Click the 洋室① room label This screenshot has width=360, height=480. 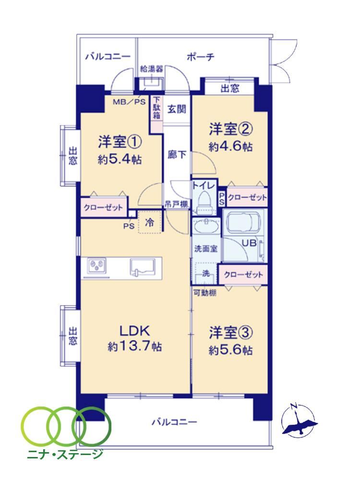tap(120, 143)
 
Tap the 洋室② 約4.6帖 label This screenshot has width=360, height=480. tap(230, 137)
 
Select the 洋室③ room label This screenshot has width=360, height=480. tap(231, 333)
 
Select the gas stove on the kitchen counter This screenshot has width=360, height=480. tap(97, 265)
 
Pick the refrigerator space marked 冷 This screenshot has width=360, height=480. tap(149, 222)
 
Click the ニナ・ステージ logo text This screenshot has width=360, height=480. tap(65, 454)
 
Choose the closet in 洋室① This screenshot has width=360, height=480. tap(104, 207)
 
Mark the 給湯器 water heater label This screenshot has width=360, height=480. tap(152, 69)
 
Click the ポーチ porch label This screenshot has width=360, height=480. tap(201, 57)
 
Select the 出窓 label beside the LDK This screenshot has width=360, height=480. tap(72, 336)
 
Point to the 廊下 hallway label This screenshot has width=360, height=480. tap(177, 155)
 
